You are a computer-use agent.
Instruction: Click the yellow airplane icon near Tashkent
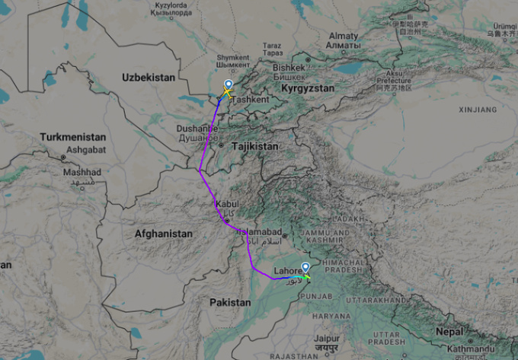tap(226, 94)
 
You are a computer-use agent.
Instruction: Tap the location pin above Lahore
tap(305, 267)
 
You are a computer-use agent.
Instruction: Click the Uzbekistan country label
tap(149, 78)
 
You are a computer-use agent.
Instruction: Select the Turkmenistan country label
tap(73, 137)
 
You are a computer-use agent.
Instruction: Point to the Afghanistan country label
tap(163, 234)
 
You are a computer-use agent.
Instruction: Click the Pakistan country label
tap(229, 303)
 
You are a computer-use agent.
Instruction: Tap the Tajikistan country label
tap(254, 145)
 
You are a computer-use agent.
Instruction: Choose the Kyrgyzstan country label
tap(308, 89)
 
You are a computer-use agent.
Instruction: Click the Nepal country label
tap(449, 332)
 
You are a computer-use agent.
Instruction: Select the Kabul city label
tap(227, 204)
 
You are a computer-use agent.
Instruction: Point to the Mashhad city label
tap(82, 172)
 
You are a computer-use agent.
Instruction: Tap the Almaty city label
tap(343, 36)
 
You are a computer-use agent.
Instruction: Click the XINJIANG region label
tap(478, 110)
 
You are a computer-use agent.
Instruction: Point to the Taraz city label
tap(272, 45)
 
